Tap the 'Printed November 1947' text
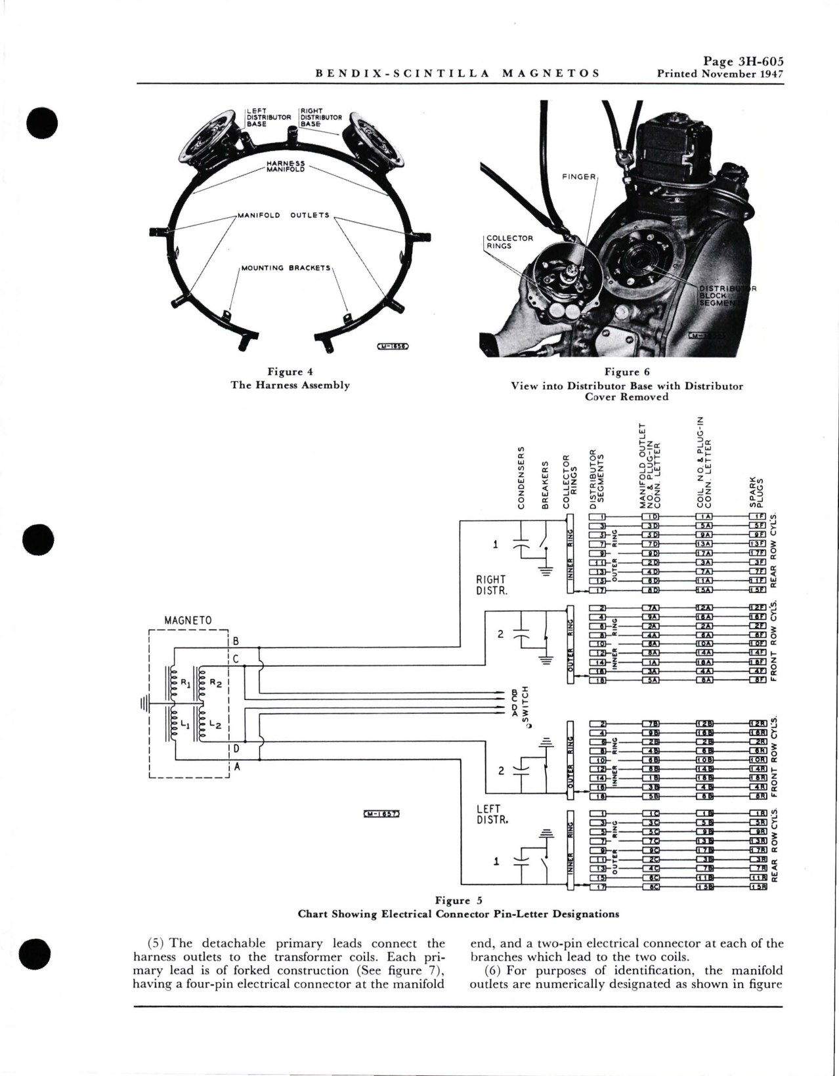pos(720,73)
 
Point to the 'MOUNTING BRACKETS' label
pos(286,268)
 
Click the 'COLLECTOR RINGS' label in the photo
pos(509,242)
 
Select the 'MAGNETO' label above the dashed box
pos(188,620)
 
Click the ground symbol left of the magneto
pos(141,704)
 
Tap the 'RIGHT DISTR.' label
pos(490,584)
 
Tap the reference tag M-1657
pos(381,814)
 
